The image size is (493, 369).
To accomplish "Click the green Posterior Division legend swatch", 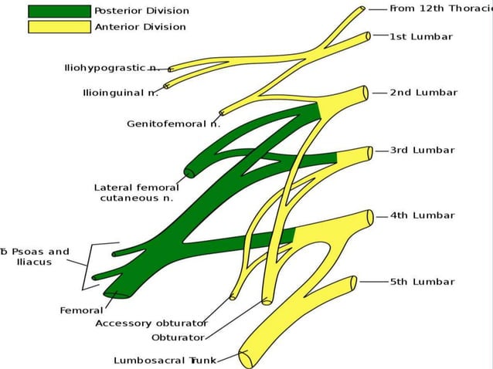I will click(59, 11).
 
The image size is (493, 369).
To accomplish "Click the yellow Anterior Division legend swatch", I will click(59, 27).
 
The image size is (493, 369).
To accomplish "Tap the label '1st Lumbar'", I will click(421, 36).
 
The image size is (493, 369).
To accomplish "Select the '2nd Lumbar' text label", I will click(423, 93).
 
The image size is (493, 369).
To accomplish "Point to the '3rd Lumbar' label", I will click(422, 151).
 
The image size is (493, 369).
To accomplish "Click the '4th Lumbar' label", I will click(422, 215).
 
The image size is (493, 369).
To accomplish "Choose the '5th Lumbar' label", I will click(422, 282).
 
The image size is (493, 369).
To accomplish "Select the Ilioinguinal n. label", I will click(121, 93).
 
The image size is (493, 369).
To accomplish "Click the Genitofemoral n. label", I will click(173, 124).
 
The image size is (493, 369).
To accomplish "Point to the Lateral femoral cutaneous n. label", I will click(136, 192).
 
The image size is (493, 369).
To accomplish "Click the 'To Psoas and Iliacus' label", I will click(35, 256).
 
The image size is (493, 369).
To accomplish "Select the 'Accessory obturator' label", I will click(151, 323).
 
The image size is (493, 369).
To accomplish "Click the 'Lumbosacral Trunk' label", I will click(165, 360).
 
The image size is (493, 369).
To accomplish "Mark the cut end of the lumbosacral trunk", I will click(244, 357).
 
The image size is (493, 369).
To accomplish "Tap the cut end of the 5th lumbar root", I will click(354, 283).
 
